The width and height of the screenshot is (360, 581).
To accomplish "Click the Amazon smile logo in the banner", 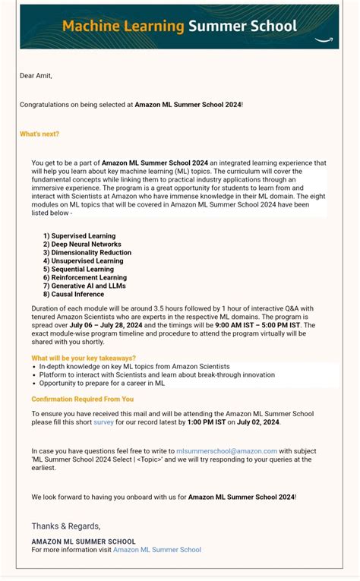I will click(326, 37).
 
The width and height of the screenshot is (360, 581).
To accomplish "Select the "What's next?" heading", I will click(39, 134).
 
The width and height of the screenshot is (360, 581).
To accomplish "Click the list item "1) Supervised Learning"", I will click(79, 236).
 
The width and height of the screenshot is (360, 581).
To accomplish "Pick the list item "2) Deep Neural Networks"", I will click(82, 245).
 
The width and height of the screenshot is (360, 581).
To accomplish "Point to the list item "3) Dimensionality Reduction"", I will click(87, 253).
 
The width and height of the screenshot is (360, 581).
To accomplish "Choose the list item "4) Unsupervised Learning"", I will click(83, 261).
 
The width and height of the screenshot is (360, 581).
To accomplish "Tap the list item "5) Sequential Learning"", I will click(78, 270).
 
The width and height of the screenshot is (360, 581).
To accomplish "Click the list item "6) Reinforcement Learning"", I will click(84, 278).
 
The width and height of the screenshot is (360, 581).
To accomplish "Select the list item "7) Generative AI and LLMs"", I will click(84, 286).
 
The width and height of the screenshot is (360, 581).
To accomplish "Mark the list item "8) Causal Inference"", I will click(74, 294).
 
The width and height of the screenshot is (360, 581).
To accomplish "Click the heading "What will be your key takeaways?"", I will click(84, 358).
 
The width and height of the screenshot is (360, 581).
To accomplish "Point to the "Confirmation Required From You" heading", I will click(82, 399).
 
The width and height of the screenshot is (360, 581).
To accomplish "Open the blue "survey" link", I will click(103, 422).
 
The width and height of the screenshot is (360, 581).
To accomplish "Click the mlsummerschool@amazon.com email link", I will click(226, 451).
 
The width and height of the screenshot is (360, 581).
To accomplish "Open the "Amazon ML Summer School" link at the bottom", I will click(156, 549).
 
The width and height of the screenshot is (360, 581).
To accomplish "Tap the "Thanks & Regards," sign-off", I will click(65, 526).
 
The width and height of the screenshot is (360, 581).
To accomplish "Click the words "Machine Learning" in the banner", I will click(123, 27).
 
